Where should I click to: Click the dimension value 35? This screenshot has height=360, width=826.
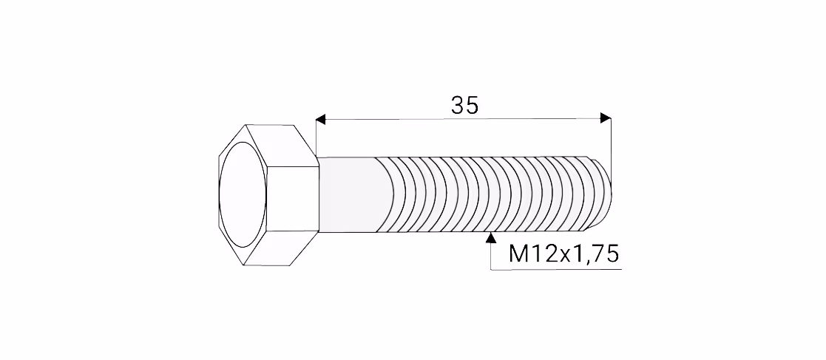point(464,105)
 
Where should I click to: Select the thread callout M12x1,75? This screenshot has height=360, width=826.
point(563,254)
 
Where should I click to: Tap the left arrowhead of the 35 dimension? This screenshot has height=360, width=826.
point(321,120)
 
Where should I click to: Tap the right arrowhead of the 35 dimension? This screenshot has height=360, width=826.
point(606,118)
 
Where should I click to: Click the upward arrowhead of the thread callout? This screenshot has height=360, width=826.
point(491,237)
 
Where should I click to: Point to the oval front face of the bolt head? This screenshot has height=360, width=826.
point(243,194)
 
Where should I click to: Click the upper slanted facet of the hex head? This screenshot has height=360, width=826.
point(281,146)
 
